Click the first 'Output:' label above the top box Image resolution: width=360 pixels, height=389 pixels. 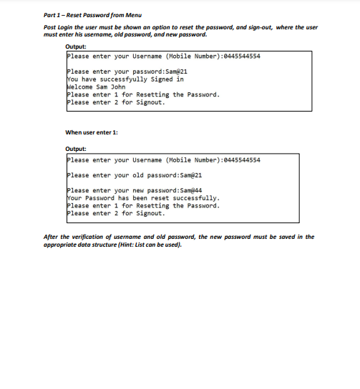[x=76, y=47]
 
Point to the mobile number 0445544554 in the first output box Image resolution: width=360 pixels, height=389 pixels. [x=243, y=56]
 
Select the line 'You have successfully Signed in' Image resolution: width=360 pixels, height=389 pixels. [x=125, y=79]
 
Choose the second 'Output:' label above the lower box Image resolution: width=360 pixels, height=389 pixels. [x=76, y=149]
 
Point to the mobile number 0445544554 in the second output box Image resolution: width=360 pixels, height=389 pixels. [x=243, y=159]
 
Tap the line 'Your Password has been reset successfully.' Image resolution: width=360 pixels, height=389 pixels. [x=142, y=198]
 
